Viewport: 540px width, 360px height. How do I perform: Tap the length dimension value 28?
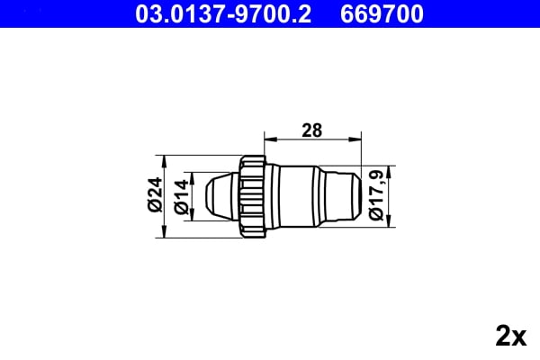pyautogui.click(x=311, y=130)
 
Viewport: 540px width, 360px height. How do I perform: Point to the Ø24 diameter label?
pyautogui.click(x=154, y=195)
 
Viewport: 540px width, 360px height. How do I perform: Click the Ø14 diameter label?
pyautogui.click(x=181, y=195)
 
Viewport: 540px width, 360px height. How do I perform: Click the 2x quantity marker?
pyautogui.click(x=510, y=337)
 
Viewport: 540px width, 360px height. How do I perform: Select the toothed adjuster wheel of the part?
pyautogui.click(x=253, y=195)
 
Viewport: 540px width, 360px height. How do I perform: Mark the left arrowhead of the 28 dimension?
pyautogui.click(x=267, y=139)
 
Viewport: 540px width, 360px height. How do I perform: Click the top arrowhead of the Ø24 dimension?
pyautogui.click(x=164, y=159)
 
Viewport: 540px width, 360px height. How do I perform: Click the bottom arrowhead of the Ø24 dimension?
pyautogui.click(x=164, y=232)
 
